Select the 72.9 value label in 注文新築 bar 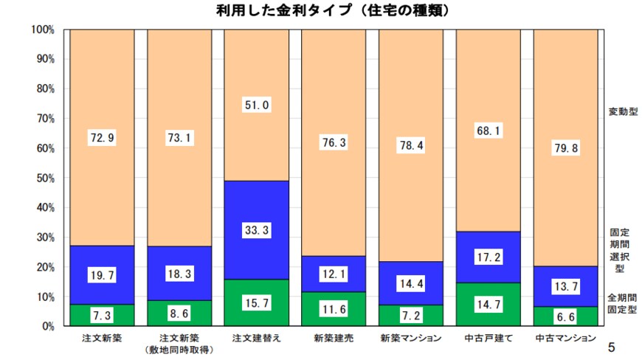[x=102, y=137]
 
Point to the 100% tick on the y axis [x=44, y=30]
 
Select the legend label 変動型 [x=622, y=111]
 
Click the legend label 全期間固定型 [x=622, y=303]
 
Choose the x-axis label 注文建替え [x=256, y=338]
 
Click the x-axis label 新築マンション [x=410, y=338]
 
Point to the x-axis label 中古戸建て [x=488, y=338]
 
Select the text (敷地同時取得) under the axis [x=179, y=349]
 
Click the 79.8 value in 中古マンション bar [x=565, y=148]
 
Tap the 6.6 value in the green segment [x=565, y=316]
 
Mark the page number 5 [x=611, y=347]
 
